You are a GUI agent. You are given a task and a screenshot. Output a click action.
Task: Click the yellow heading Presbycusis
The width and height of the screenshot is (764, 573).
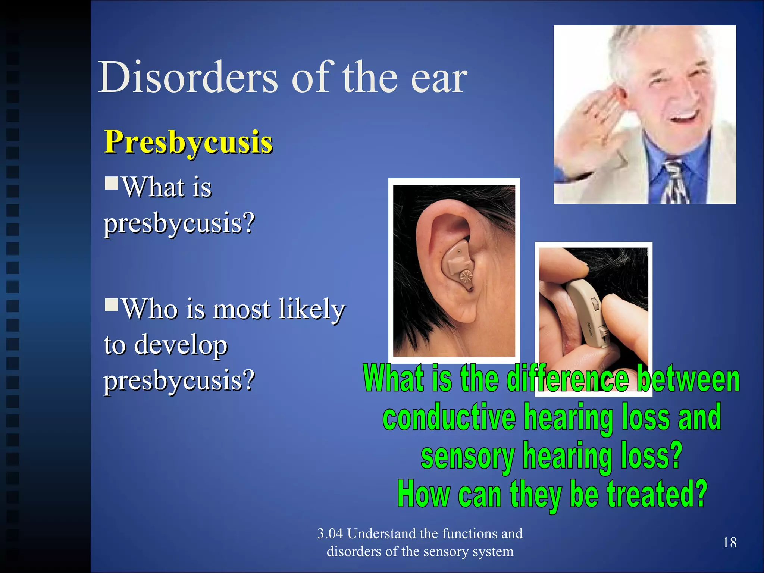[188, 143]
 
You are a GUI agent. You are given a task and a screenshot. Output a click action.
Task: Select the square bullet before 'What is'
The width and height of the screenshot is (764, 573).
[111, 183]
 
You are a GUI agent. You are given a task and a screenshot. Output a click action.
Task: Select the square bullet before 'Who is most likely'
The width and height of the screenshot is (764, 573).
[111, 305]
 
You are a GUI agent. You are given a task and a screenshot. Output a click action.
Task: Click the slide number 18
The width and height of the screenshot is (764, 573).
[729, 542]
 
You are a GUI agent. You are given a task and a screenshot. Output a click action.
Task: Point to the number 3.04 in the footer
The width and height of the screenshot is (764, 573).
[330, 533]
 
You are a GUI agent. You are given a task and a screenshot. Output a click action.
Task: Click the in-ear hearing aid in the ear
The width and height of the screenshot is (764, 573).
[457, 263]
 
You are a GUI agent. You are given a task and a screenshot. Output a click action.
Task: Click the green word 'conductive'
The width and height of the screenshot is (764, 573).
[449, 417]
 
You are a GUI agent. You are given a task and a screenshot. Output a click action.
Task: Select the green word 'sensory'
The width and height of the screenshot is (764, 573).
[467, 456]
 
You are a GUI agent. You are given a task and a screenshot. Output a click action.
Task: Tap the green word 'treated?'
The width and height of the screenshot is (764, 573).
[657, 494]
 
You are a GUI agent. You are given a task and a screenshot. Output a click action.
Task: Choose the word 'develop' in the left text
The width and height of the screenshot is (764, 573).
[181, 345]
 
